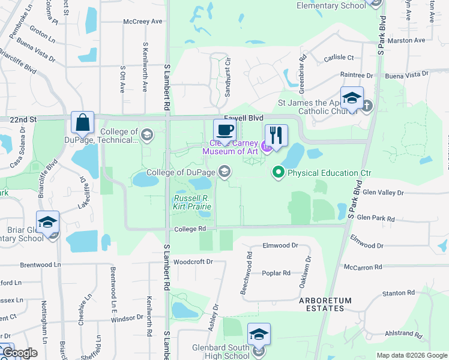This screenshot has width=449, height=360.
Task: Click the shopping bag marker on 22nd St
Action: pyautogui.click(x=83, y=122)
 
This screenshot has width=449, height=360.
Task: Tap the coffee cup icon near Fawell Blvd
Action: pyautogui.click(x=224, y=130)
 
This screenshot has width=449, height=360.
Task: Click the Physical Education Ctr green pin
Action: pyautogui.click(x=279, y=173)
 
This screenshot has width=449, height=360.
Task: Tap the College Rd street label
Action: pyautogui.click(x=190, y=229)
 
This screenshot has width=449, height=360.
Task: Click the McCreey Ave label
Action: pyautogui.click(x=143, y=22)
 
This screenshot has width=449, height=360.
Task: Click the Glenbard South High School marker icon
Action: pyautogui.click(x=259, y=335)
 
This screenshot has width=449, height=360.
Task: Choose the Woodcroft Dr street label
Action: pyautogui.click(x=193, y=262)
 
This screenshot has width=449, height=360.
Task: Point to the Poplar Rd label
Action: pyautogui.click(x=276, y=273)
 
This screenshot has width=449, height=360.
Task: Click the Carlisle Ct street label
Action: pyautogui.click(x=339, y=58)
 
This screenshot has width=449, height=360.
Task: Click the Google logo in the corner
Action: pyautogui.click(x=20, y=353)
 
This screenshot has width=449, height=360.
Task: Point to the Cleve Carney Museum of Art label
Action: pyautogui.click(x=226, y=147)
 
